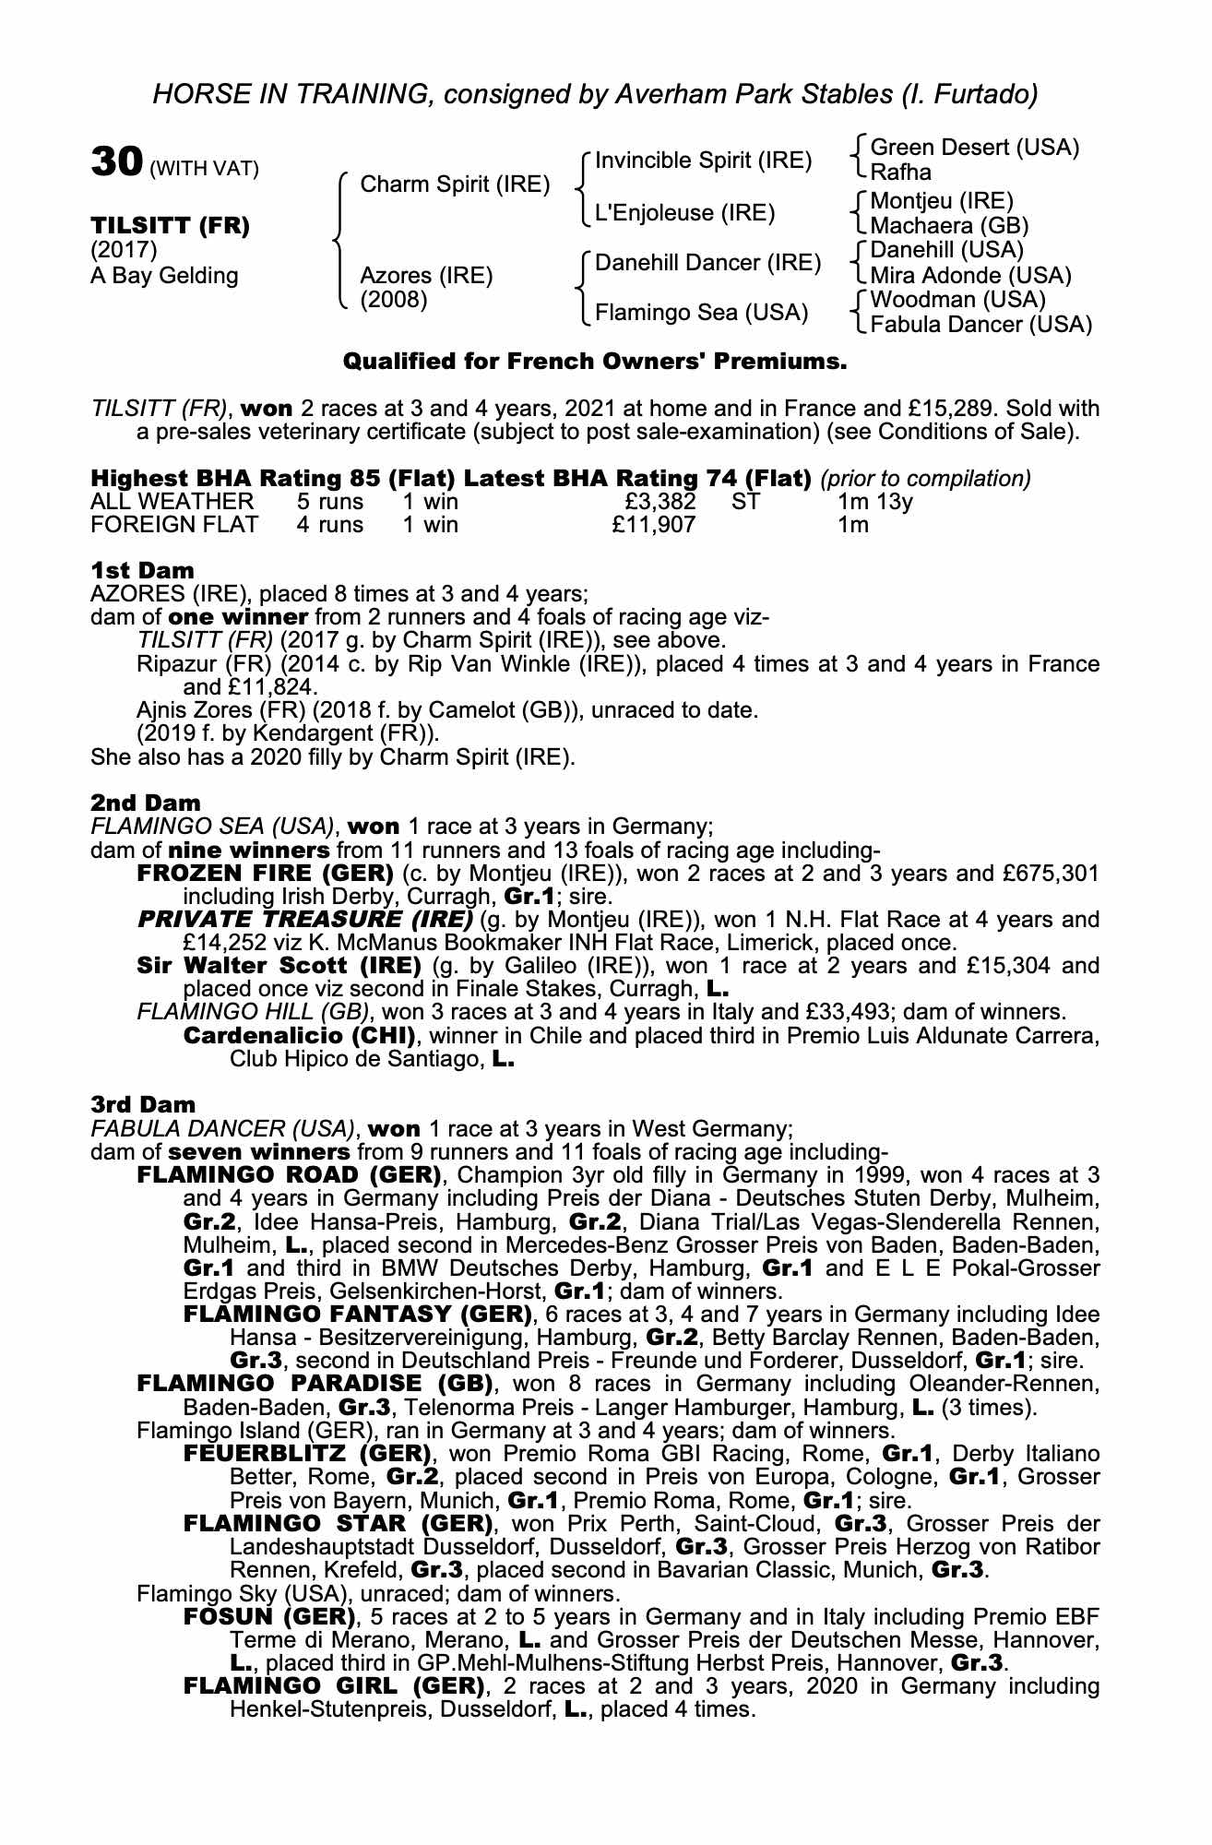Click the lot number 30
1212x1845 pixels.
pyautogui.click(x=114, y=163)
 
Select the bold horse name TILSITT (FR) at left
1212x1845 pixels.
pyautogui.click(x=170, y=226)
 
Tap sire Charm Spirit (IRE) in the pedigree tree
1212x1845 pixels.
pyautogui.click(x=454, y=184)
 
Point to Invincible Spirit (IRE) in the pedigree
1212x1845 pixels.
pyautogui.click(x=703, y=161)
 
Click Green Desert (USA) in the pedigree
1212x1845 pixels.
pyautogui.click(x=974, y=148)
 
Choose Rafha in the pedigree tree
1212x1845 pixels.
pyautogui.click(x=900, y=173)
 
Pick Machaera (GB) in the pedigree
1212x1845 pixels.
pyautogui.click(x=949, y=226)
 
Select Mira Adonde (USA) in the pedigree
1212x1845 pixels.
pyautogui.click(x=970, y=276)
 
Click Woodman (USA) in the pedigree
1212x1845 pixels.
pyautogui.click(x=945, y=300)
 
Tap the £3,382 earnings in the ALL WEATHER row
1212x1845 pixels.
pyautogui.click(x=659, y=502)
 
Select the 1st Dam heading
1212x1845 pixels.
pyautogui.click(x=142, y=571)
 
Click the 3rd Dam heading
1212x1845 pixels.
pyautogui.click(x=143, y=1104)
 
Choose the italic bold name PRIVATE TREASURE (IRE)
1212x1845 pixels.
pyautogui.click(x=304, y=920)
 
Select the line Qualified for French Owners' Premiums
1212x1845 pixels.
pyautogui.click(x=595, y=363)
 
